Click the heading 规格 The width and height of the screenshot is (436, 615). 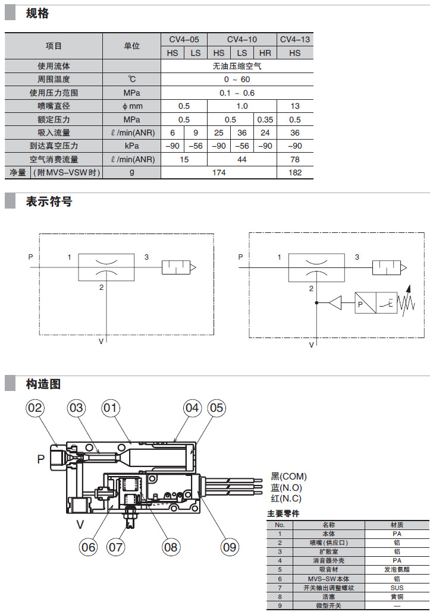(37, 14)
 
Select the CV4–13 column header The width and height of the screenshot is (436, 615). (294, 40)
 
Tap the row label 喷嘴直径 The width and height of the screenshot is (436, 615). (54, 106)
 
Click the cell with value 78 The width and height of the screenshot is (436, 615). (294, 159)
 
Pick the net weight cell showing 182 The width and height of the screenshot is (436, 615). (294, 172)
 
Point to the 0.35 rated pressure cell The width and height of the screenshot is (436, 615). (265, 119)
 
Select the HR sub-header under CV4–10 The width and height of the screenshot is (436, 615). (265, 53)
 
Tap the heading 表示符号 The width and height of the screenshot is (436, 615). (49, 201)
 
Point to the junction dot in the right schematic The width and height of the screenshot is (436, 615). (316, 303)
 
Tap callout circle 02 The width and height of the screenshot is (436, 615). (36, 408)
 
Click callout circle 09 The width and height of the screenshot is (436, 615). (229, 546)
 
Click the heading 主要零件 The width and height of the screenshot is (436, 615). (283, 513)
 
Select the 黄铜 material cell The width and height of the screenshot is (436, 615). (397, 598)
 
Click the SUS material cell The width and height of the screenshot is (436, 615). (397, 588)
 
